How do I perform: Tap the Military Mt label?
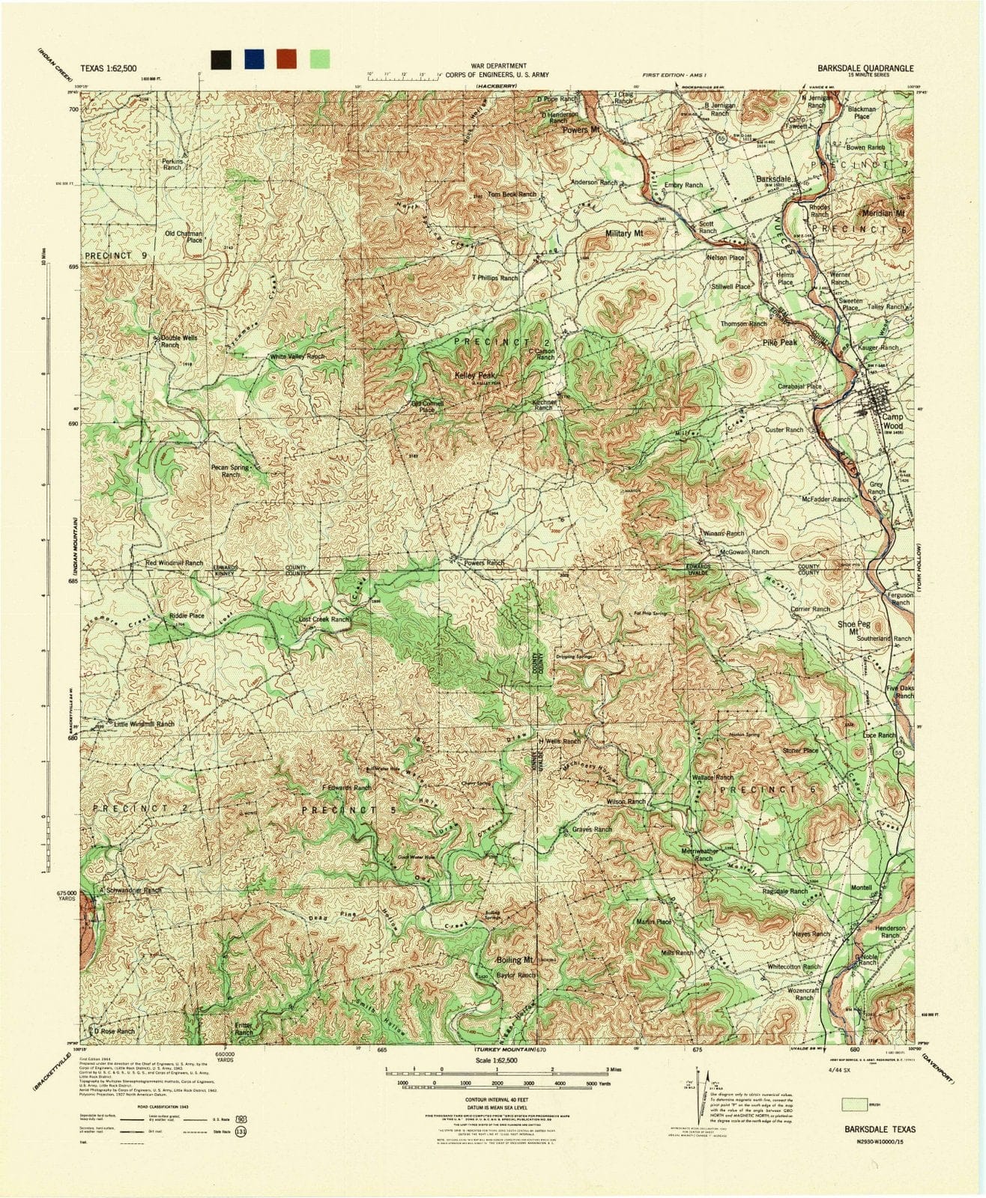point(625,234)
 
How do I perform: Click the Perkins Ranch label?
point(172,164)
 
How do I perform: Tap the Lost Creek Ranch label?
point(325,620)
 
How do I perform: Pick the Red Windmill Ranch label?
point(175,563)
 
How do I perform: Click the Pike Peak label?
point(780,342)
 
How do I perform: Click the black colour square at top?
point(220,60)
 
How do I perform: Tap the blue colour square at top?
point(253,60)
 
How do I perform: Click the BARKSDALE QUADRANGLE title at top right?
point(865,67)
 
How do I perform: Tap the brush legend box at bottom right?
point(850,1104)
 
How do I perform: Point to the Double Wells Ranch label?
point(179,341)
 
